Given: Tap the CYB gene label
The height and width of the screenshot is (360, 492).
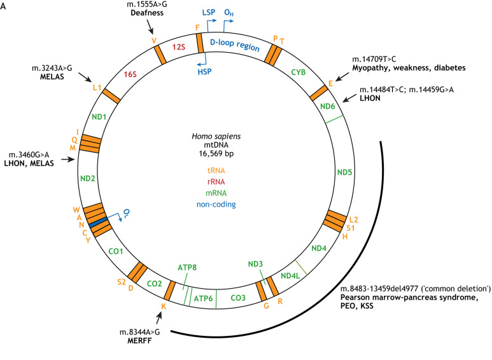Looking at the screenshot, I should click(x=298, y=72).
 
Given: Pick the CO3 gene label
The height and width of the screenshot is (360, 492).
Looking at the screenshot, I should click(x=237, y=298).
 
